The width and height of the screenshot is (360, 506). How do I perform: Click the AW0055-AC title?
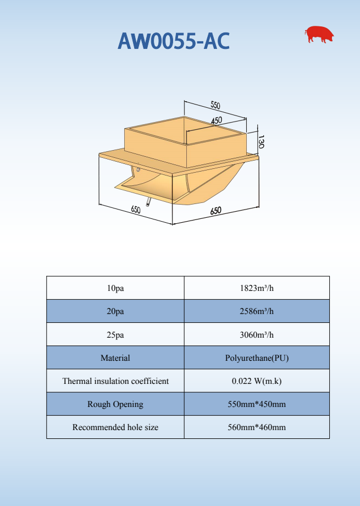(174, 41)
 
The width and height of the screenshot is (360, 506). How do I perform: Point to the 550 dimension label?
(215, 105)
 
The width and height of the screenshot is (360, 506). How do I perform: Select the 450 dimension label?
(216, 120)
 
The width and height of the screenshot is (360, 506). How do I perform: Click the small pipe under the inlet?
(148, 203)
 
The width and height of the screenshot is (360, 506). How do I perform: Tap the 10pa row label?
(115, 288)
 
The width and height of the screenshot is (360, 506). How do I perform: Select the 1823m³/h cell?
(257, 288)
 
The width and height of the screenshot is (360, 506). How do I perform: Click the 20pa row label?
(115, 311)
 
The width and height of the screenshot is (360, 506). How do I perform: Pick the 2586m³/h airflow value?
(257, 311)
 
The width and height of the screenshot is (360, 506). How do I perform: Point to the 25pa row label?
(115, 334)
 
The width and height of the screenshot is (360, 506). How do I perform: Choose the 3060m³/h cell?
(257, 334)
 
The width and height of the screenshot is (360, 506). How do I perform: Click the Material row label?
(115, 358)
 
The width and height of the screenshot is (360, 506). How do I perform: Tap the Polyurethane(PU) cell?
(257, 358)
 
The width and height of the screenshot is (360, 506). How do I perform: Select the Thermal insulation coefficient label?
(115, 381)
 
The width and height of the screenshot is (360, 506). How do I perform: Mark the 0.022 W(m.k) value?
(257, 381)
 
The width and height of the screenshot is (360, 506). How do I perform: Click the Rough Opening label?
(115, 404)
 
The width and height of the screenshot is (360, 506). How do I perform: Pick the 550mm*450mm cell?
(257, 404)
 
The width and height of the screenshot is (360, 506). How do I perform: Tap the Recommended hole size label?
(115, 427)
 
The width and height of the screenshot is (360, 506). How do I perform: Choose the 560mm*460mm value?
(257, 427)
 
